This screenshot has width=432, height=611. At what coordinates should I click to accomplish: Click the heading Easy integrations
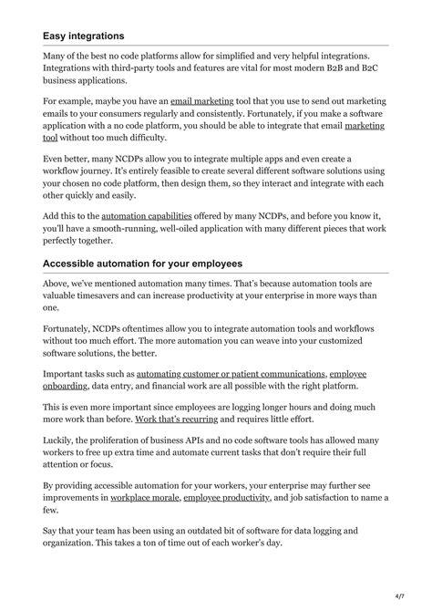tap(84, 36)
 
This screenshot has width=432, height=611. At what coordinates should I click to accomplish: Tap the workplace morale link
tap(144, 498)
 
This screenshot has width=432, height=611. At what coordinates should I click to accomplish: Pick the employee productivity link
tap(226, 498)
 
